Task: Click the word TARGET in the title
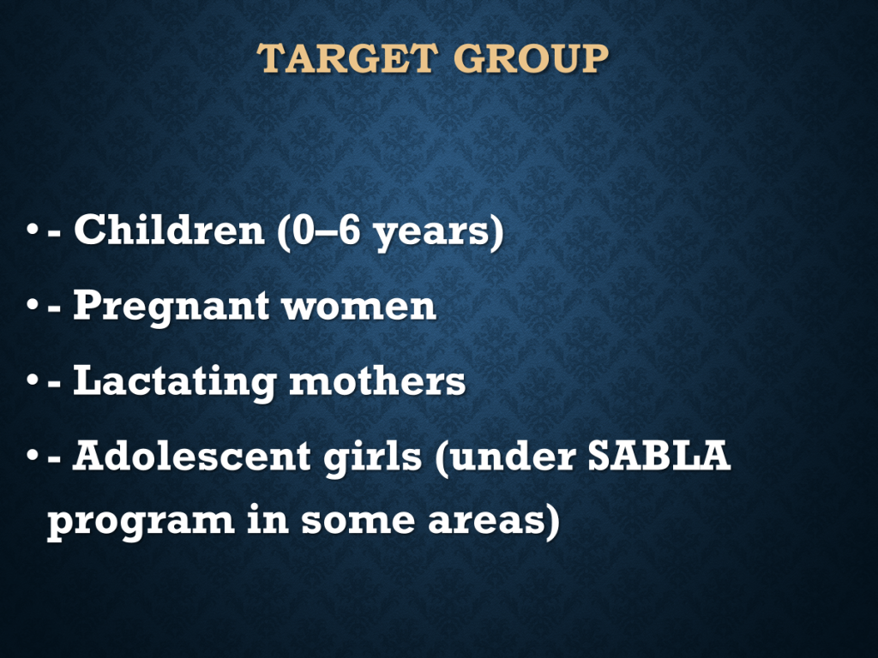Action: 347,58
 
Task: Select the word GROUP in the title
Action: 531,58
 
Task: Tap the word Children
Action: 169,230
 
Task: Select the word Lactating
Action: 174,382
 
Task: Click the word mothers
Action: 377,381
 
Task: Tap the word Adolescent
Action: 191,456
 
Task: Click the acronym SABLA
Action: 659,456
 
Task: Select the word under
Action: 513,456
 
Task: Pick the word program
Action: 141,523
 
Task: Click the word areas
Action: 488,521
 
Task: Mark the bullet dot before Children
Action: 33,230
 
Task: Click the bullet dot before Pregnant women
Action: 33,306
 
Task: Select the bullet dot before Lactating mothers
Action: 33,381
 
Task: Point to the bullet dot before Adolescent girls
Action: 33,456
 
